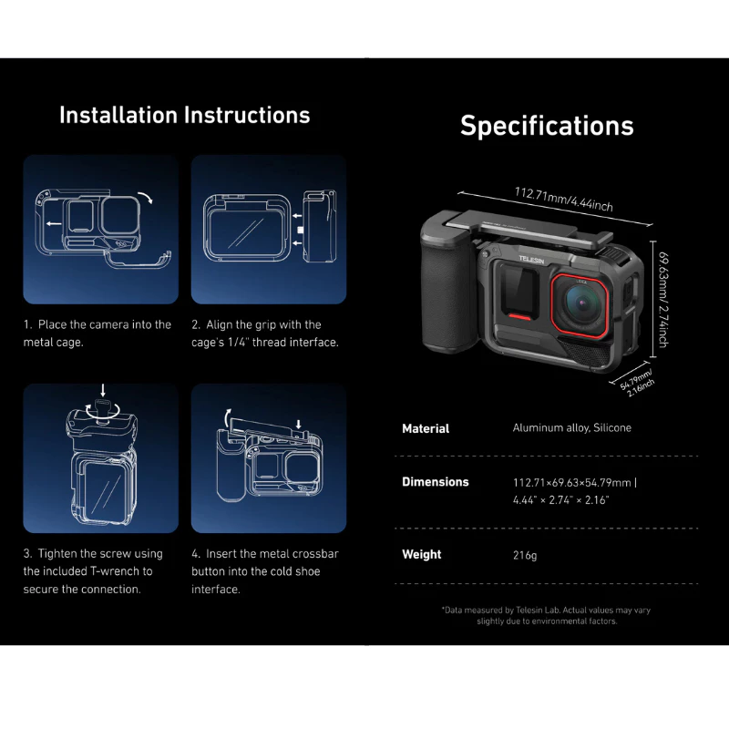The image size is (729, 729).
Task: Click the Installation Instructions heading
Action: pyautogui.click(x=185, y=116)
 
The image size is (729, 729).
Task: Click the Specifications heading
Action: pyautogui.click(x=547, y=126)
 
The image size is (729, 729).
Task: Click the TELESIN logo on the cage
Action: pyautogui.click(x=531, y=260)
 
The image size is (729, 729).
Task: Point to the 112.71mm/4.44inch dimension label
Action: pyautogui.click(x=563, y=199)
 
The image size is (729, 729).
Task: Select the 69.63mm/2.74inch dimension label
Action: pyautogui.click(x=664, y=300)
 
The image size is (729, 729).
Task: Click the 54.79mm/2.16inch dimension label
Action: pyautogui.click(x=637, y=383)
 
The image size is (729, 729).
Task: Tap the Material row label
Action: pyautogui.click(x=426, y=428)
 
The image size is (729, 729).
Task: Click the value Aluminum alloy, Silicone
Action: pyautogui.click(x=572, y=427)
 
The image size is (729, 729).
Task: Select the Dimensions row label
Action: pyautogui.click(x=436, y=482)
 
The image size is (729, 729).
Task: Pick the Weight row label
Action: pyautogui.click(x=422, y=554)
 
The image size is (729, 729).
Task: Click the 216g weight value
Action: pyautogui.click(x=525, y=555)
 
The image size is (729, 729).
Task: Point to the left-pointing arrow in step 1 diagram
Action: pyautogui.click(x=54, y=223)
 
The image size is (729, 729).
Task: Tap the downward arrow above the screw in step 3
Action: pyautogui.click(x=103, y=390)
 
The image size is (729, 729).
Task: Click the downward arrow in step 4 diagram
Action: pyautogui.click(x=299, y=425)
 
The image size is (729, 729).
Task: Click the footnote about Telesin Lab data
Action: pyautogui.click(x=546, y=616)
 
